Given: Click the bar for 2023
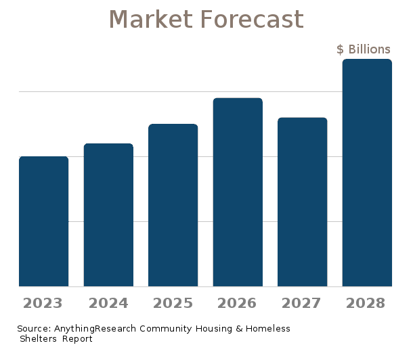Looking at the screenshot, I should [x=44, y=221].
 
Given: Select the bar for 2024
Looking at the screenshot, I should [x=108, y=215].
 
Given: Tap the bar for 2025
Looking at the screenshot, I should [x=173, y=205].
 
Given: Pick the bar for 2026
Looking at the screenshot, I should [x=238, y=192].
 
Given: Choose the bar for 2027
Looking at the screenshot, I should [x=303, y=202].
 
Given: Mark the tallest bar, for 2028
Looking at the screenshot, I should [x=367, y=173].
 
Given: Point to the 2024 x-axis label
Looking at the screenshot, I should [x=108, y=302].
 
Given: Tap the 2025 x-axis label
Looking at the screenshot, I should [x=173, y=302].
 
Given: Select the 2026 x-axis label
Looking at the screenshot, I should [x=238, y=302].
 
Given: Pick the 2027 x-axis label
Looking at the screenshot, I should [x=303, y=302].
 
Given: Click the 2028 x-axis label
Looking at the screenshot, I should [x=367, y=302].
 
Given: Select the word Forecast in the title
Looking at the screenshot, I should [x=251, y=19].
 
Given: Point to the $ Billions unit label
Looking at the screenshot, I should [x=364, y=49].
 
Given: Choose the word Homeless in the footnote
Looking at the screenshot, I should [x=267, y=329].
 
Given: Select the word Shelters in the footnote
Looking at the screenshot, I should [x=38, y=338].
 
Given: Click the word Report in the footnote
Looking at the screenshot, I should [x=77, y=338].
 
